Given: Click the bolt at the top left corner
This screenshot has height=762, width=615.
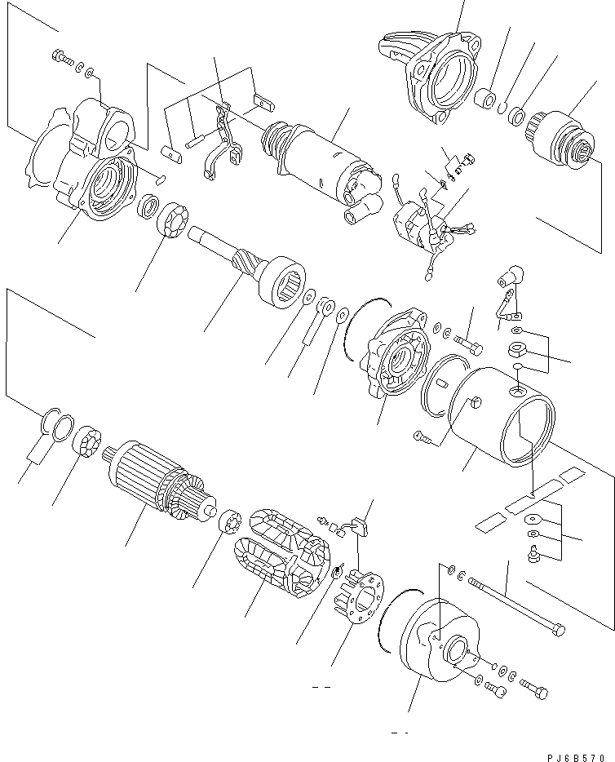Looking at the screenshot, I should coord(60,56).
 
